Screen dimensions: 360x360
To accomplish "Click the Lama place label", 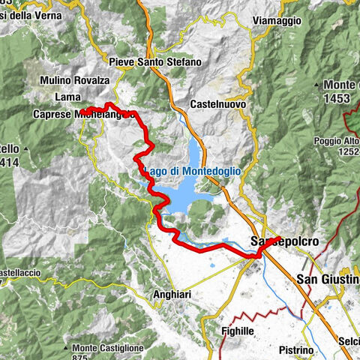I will [68, 97].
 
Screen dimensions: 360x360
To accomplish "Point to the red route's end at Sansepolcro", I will [278, 239].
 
